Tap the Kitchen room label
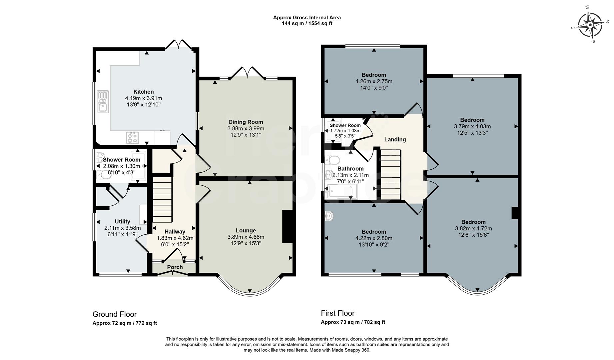click(x=144, y=92)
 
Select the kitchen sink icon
click(x=103, y=101)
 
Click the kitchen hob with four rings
click(x=132, y=137)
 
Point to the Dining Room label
click(x=246, y=122)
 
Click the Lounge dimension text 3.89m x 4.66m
click(x=246, y=237)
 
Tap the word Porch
click(x=175, y=267)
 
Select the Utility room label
click(x=122, y=221)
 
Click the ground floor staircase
click(x=163, y=200)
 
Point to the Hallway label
click(x=175, y=231)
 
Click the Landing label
click(x=395, y=139)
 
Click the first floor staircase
click(x=390, y=175)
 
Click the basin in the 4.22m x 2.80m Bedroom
click(x=329, y=216)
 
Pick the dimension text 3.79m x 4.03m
click(x=472, y=126)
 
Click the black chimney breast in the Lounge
click(x=287, y=227)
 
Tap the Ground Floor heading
click(x=115, y=314)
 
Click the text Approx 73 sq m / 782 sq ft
click(x=353, y=322)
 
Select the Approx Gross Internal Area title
click(x=307, y=18)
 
